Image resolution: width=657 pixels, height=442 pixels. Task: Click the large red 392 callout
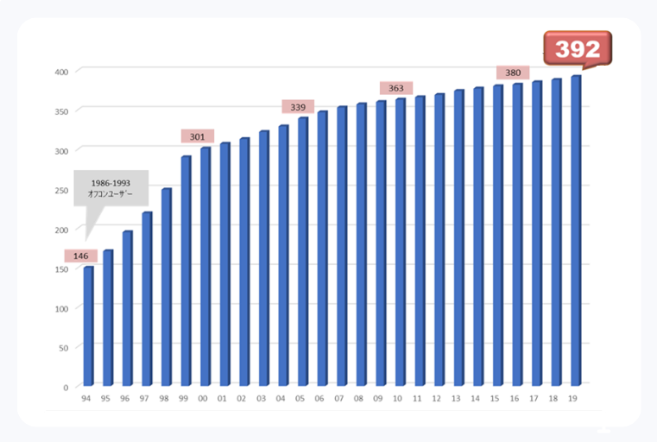point(577,48)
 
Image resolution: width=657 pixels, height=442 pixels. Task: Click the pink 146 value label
point(80,256)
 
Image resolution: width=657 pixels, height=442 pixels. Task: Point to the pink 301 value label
point(198,136)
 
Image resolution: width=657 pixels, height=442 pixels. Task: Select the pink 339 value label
point(298,106)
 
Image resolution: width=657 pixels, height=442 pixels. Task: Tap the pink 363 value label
point(396,88)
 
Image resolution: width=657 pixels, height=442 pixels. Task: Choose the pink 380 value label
point(513,73)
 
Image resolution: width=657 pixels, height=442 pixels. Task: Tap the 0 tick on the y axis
point(66,388)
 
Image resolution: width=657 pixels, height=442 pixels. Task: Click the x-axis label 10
point(398,399)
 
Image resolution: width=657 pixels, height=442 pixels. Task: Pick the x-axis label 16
point(515,399)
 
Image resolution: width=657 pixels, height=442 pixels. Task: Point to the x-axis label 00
point(203,399)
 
